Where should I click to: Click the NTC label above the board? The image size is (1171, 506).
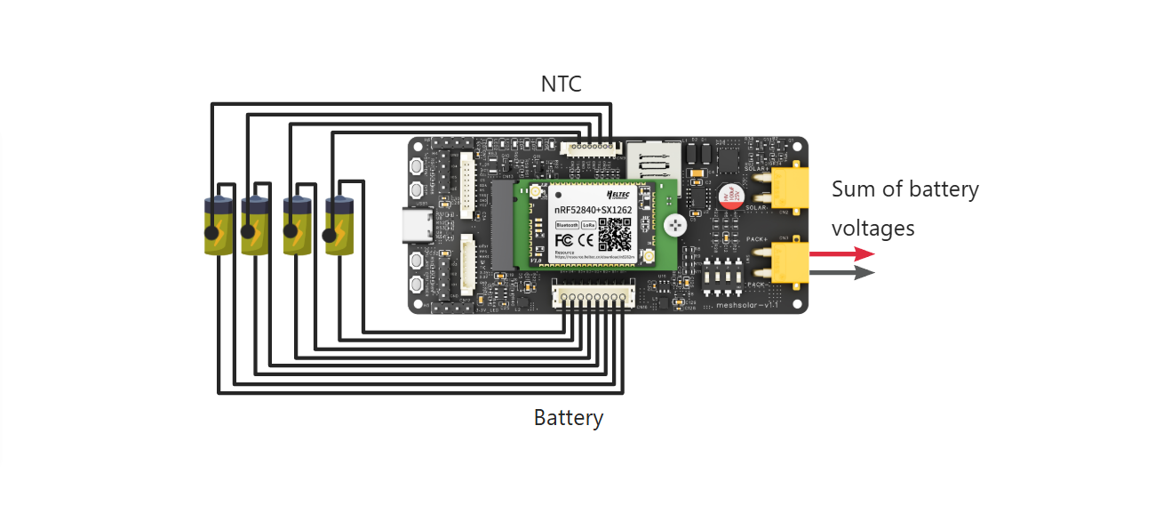561,84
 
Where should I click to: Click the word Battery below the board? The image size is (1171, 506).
569,417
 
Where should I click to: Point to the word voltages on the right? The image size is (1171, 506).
873,228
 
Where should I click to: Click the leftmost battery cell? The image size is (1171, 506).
218,226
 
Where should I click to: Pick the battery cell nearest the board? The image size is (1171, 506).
339,226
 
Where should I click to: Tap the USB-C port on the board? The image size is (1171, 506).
418,226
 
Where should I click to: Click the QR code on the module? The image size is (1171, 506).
615,233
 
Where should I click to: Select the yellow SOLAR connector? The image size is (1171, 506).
787,189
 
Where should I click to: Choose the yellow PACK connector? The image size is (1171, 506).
787,264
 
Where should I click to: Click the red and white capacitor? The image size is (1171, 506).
731,197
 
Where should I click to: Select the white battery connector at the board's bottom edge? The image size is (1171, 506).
593,296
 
